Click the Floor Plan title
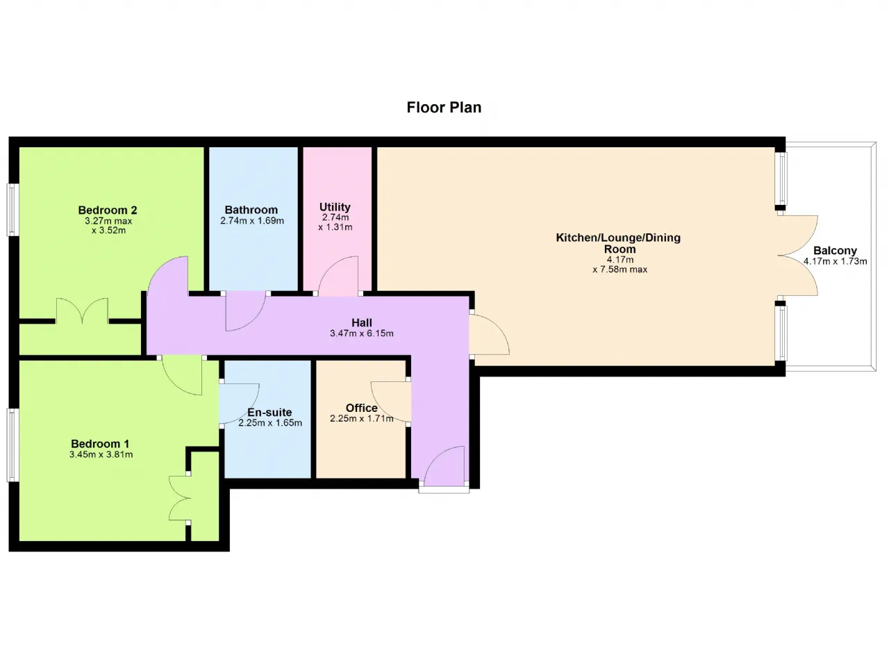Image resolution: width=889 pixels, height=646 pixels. point(444,108)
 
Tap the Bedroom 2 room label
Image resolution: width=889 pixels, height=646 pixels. point(108,210)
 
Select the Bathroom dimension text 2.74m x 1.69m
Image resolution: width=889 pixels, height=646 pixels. point(252,221)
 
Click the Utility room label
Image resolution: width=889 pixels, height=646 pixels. point(335,207)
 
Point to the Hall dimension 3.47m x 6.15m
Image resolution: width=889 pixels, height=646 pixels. point(362,333)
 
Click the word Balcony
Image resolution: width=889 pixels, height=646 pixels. point(835,251)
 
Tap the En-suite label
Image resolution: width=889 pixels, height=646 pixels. point(269,412)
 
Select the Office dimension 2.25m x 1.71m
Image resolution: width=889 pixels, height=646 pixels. point(362,419)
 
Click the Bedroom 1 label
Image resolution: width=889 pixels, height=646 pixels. point(100,444)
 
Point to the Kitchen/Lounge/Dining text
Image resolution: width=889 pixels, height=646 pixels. point(618,238)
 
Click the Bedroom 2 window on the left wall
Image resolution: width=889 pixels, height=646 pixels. point(12,210)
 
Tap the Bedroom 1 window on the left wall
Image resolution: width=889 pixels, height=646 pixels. point(12,445)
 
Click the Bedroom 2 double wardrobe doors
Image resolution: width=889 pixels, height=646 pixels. point(82,310)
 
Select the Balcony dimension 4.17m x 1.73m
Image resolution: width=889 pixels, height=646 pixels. point(835,261)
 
